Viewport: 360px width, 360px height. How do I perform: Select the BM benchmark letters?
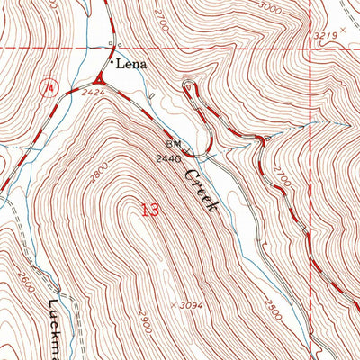point(173,143)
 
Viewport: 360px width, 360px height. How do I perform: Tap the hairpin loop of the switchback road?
point(188,87)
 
